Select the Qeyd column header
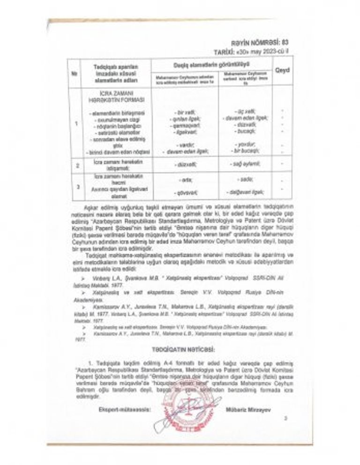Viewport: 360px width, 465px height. pyautogui.click(x=283, y=70)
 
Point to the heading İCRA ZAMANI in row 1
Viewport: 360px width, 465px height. pyautogui.click(x=112, y=93)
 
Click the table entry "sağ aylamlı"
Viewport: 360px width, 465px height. pyautogui.click(x=245, y=164)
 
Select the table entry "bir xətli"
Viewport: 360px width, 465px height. pyautogui.click(x=185, y=112)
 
